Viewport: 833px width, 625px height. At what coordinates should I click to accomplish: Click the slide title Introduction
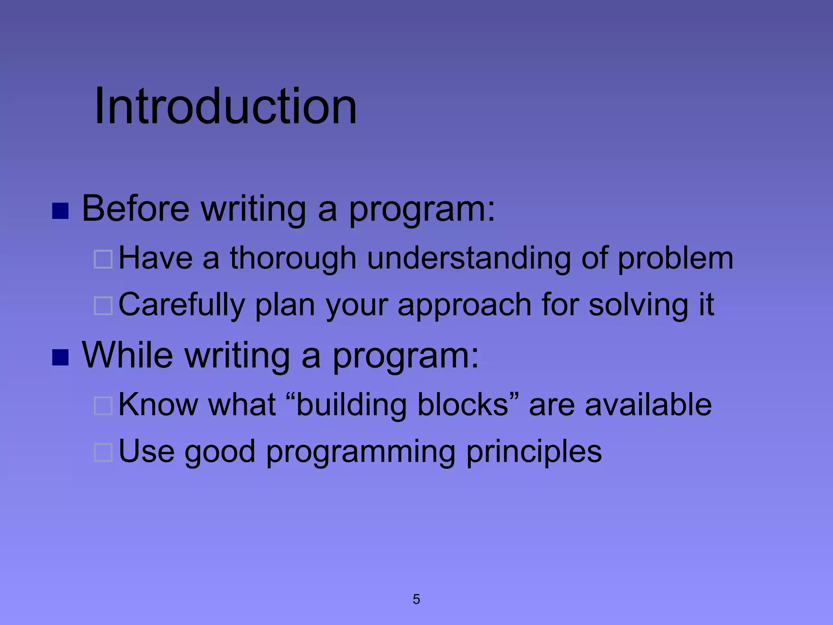[x=225, y=107]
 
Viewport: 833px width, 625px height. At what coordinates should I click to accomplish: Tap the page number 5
[x=416, y=599]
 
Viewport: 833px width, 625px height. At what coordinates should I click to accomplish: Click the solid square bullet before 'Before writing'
[x=60, y=211]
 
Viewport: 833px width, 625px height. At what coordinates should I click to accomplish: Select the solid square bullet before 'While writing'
[x=60, y=357]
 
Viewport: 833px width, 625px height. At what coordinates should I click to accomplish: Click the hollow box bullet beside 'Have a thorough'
[x=103, y=259]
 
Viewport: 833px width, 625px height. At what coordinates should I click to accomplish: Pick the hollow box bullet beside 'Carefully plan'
[x=103, y=306]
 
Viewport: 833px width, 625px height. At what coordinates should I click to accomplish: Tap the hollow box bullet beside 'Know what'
[x=103, y=406]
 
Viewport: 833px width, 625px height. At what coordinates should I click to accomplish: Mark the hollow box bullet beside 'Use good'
[x=103, y=452]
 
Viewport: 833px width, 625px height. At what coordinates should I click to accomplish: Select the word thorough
[x=293, y=259]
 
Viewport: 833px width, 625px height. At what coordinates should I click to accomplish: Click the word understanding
[x=469, y=259]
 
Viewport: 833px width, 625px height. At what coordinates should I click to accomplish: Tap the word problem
[x=676, y=259]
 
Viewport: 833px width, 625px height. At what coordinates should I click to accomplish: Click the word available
[x=648, y=404]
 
